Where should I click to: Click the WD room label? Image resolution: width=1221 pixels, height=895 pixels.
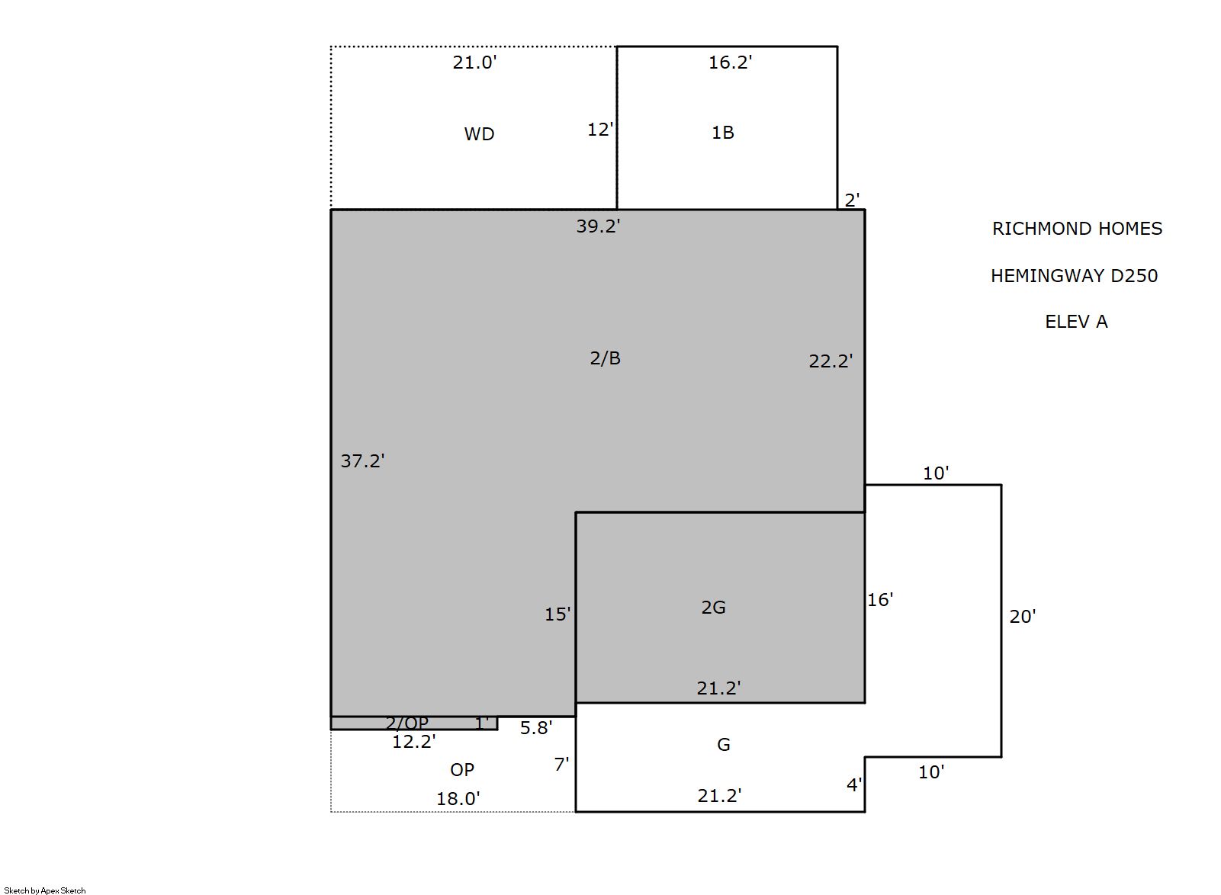479,134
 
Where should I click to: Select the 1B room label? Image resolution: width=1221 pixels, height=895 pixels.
723,133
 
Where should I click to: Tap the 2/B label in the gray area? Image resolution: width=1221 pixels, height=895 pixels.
605,358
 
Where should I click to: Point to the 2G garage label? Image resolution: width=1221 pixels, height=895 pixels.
713,608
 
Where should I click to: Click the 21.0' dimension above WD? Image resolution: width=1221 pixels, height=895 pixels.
474,63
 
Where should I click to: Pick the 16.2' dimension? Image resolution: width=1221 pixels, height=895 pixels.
730,63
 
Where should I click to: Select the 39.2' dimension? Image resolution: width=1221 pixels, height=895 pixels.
598,226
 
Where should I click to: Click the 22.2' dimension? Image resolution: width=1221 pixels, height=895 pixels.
831,361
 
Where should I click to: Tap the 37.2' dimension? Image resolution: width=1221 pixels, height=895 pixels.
362,461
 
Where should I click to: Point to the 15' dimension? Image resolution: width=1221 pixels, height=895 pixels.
557,614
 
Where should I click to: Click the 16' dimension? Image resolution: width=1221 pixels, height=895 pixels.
880,600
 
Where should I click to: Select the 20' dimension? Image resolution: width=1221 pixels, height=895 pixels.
1023,617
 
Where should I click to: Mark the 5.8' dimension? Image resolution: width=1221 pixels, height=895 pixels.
536,728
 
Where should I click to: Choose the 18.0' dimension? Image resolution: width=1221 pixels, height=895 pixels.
458,799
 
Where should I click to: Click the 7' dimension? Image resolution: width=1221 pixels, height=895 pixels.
561,765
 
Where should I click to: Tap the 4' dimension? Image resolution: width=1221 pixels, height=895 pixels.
854,785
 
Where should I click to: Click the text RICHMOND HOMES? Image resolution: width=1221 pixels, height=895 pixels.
1077,229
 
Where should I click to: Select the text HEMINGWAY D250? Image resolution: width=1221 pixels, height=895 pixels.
1075,276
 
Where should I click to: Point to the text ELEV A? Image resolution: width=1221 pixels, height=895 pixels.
1077,322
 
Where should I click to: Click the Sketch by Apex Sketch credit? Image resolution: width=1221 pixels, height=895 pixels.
45,890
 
